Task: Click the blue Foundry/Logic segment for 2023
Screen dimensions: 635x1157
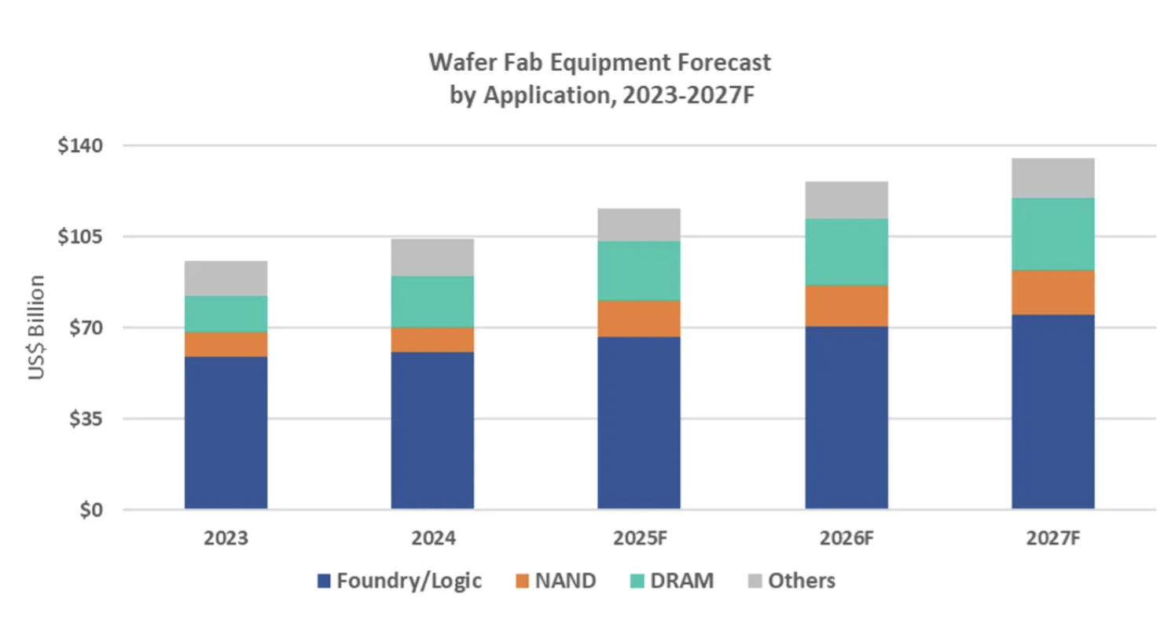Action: [x=226, y=432]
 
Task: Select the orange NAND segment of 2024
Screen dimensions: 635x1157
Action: [x=432, y=340]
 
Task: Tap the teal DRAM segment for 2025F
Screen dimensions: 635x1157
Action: [x=638, y=270]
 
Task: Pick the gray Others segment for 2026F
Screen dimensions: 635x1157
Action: [x=846, y=200]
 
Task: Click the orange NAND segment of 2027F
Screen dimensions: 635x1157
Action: [x=1052, y=292]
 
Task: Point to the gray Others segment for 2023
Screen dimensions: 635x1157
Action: [x=226, y=278]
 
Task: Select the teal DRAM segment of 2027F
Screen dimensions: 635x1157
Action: [x=1052, y=233]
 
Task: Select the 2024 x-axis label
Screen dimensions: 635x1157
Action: [x=432, y=540]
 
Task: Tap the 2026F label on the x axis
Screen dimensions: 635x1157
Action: [x=846, y=540]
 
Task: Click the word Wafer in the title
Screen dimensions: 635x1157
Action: [x=456, y=61]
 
